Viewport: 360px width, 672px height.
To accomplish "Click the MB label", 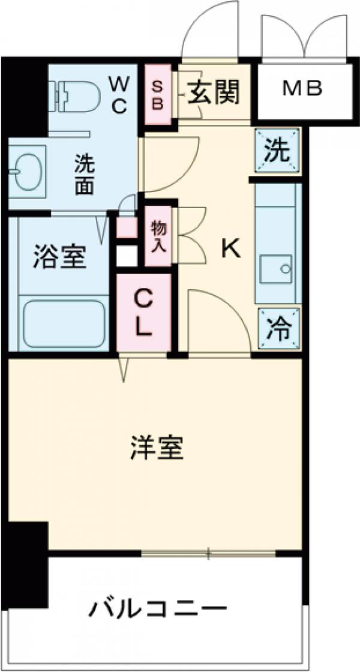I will pos(302,89).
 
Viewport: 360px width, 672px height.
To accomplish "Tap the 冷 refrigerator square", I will pos(277,329).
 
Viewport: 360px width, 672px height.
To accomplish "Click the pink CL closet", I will pos(143,313).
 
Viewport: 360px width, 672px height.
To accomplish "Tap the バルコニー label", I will pos(158,610).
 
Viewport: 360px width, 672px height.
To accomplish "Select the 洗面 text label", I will pos(84,175).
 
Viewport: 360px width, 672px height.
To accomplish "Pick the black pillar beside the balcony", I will pos(28,564).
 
